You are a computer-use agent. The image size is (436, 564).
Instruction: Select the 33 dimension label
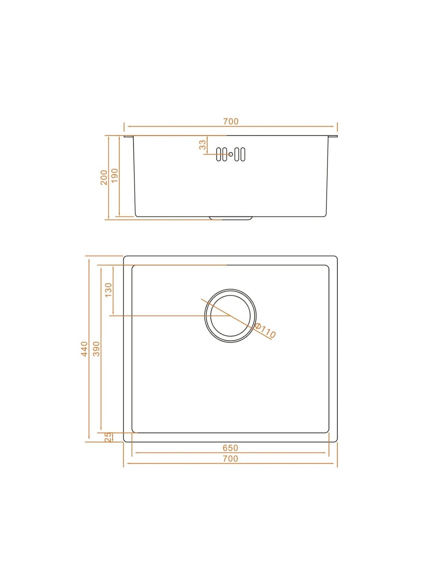(x=203, y=145)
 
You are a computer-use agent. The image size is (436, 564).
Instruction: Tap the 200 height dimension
(x=104, y=177)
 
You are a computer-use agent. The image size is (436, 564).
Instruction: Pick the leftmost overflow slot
(x=218, y=154)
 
